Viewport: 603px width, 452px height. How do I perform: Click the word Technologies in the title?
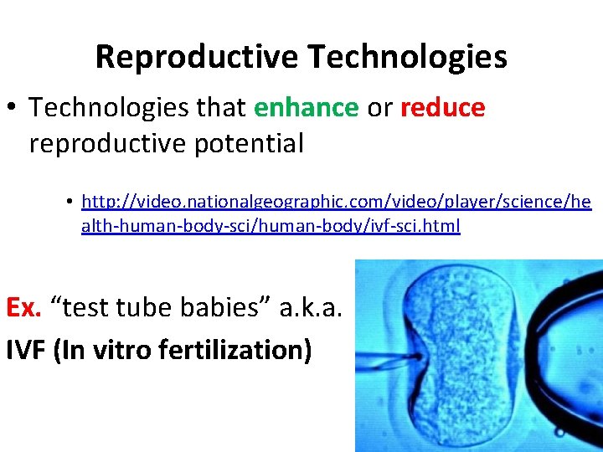click(407, 58)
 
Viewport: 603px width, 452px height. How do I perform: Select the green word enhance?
click(306, 108)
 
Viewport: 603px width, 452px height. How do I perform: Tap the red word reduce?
click(442, 108)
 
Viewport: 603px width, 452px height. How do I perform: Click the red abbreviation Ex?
click(23, 307)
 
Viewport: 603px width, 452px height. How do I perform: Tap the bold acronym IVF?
click(25, 348)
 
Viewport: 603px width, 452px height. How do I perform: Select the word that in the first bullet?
click(221, 108)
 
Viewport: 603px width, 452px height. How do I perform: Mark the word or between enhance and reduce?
click(379, 108)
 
